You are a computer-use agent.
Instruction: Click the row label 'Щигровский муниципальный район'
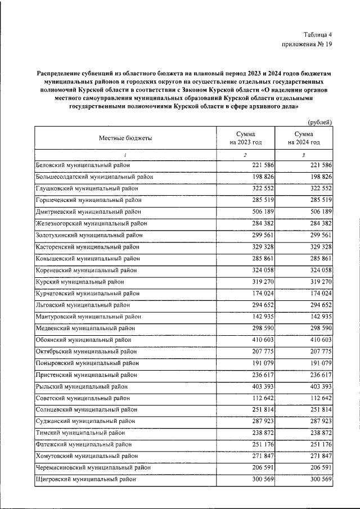pos(84,480)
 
